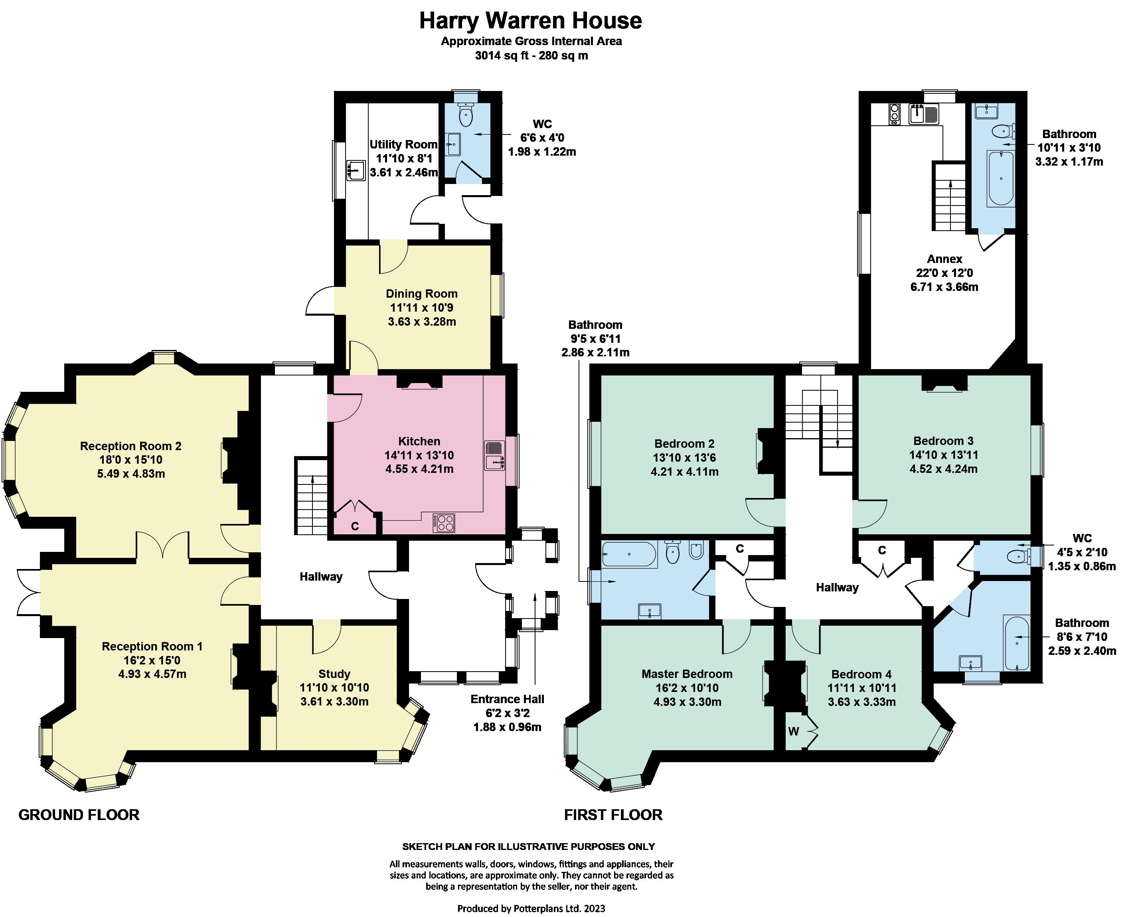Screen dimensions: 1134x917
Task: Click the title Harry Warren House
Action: [530, 21]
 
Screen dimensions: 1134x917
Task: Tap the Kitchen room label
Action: [419, 441]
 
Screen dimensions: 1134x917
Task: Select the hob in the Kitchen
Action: [444, 522]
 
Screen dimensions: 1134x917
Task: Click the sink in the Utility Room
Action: [357, 171]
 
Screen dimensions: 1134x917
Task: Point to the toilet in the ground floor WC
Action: [466, 114]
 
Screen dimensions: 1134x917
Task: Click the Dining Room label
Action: [421, 294]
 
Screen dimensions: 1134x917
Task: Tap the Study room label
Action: [334, 674]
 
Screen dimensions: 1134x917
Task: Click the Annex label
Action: [944, 259]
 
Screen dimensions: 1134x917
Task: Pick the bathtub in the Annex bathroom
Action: [1001, 178]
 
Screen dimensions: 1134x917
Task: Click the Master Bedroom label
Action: [687, 674]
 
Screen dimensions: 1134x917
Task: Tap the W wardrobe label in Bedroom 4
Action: [793, 731]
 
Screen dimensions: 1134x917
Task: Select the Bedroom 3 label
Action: [943, 441]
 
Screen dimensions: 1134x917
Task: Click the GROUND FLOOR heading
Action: [79, 814]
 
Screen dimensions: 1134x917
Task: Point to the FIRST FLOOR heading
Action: [613, 814]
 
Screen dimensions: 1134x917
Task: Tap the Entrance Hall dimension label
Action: [507, 713]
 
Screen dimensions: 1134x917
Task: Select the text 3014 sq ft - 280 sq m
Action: [531, 55]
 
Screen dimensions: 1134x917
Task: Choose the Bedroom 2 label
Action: [685, 444]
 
